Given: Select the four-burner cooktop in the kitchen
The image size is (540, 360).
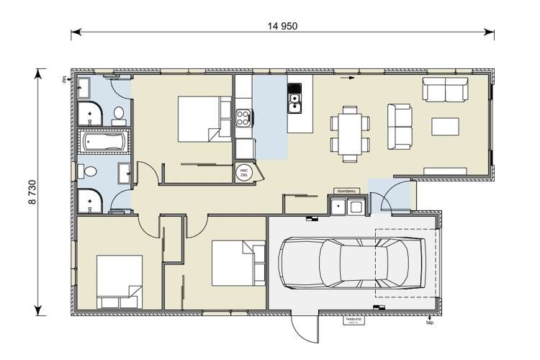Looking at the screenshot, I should pyautogui.click(x=243, y=115).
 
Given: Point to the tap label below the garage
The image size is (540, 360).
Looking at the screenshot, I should pyautogui.click(x=429, y=323).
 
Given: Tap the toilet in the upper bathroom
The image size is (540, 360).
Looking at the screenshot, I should pyautogui.click(x=119, y=113).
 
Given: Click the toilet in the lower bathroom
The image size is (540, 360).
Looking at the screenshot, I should pyautogui.click(x=90, y=172).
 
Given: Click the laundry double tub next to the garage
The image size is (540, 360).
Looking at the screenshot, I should pyautogui.click(x=346, y=207).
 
